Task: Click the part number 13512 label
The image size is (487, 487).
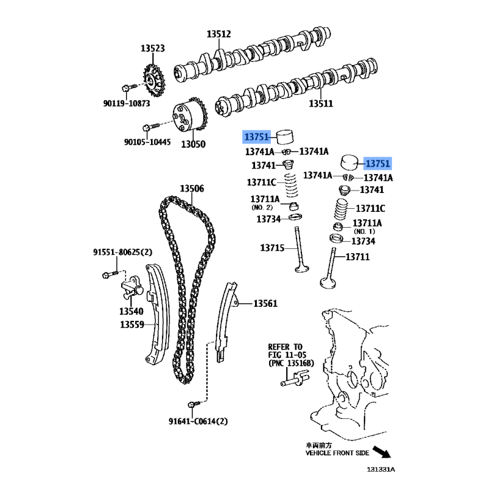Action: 219,34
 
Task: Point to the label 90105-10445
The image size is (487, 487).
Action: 147,142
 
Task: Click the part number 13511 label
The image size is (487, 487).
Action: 321,103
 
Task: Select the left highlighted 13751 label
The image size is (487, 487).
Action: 256,136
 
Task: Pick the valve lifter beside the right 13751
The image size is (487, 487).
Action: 349,163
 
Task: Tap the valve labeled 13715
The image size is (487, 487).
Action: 300,250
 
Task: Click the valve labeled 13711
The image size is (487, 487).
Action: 331,268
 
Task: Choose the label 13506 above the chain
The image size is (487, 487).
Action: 192,188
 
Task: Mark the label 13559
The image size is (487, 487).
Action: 132,324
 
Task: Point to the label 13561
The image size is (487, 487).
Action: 265,303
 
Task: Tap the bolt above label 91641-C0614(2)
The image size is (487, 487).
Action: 195,404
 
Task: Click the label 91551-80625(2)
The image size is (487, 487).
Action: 123,252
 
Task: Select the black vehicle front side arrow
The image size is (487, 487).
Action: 382,452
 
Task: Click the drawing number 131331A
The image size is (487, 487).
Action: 381,469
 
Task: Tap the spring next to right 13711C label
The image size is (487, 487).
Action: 340,209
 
